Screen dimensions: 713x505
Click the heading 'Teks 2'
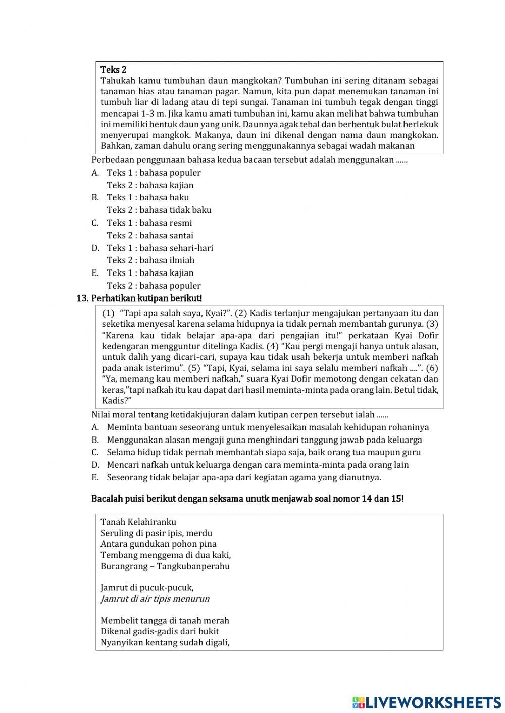tap(113, 70)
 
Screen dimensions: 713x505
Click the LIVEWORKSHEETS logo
tap(427, 702)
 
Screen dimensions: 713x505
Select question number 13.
tap(82, 298)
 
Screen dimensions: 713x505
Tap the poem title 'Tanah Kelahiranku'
tap(138, 522)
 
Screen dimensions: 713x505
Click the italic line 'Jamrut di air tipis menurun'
tap(155, 599)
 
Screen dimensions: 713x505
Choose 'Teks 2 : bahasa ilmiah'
tap(150, 260)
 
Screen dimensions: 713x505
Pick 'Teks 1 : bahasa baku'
tap(148, 197)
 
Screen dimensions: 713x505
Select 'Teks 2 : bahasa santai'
tap(150, 235)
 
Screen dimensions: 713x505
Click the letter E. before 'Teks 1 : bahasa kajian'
tap(95, 273)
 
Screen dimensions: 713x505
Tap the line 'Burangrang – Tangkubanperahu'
tap(165, 566)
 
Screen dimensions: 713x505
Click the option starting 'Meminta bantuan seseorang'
tap(268, 427)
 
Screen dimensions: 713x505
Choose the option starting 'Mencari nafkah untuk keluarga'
tap(258, 465)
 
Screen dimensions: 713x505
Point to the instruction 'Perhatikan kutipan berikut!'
tap(146, 298)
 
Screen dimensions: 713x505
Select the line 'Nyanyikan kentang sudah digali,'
tap(165, 642)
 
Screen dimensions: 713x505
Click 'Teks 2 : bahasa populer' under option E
tap(154, 286)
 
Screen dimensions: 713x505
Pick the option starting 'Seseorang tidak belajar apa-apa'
tap(244, 477)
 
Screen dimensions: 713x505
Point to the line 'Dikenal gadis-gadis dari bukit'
tap(160, 631)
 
